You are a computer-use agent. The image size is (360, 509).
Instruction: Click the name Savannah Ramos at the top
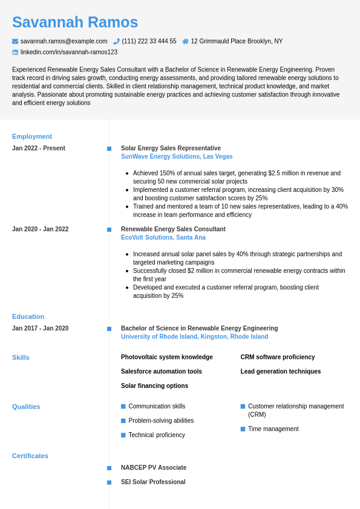click(x=75, y=22)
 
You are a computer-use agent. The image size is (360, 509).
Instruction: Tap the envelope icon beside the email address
click(x=15, y=41)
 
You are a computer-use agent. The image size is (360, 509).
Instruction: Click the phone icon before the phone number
click(x=116, y=41)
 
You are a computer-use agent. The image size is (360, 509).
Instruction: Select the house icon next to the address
click(x=185, y=41)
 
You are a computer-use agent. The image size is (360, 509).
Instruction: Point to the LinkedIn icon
click(x=15, y=52)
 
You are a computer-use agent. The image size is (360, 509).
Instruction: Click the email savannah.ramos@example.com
click(x=64, y=41)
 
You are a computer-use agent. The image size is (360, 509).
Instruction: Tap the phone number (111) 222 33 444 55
click(x=149, y=41)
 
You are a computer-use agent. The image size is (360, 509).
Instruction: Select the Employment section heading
click(x=32, y=136)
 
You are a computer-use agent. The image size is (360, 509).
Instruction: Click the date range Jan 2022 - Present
click(x=39, y=148)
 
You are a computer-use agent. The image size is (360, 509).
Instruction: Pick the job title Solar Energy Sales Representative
click(x=171, y=148)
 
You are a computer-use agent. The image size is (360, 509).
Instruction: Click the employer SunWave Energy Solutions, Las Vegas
click(x=177, y=157)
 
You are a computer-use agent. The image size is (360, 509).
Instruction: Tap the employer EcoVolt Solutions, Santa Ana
click(x=163, y=238)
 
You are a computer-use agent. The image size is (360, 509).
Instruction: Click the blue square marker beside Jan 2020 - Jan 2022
click(x=109, y=229)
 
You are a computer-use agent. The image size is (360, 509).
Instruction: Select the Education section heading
click(x=28, y=317)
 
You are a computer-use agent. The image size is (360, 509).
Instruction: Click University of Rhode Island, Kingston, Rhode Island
click(x=194, y=337)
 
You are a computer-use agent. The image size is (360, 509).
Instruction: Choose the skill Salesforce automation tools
click(x=162, y=372)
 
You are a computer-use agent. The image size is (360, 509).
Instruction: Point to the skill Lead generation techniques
click(x=281, y=372)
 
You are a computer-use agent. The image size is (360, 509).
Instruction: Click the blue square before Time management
click(x=243, y=429)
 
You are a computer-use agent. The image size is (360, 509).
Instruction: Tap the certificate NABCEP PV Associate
click(x=154, y=468)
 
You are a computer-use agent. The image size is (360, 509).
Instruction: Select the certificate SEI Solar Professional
click(x=153, y=482)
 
